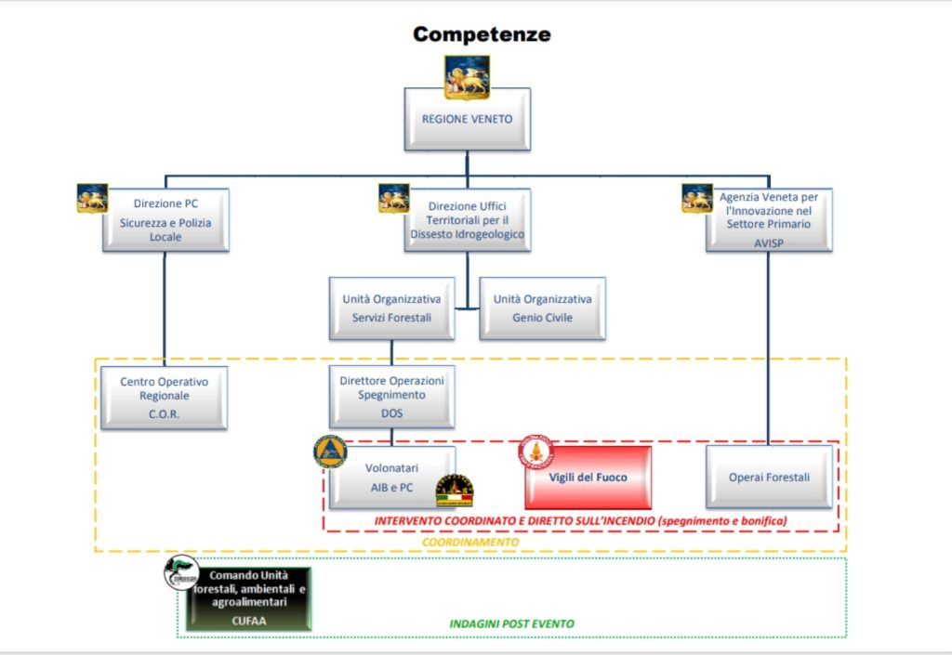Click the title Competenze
482,34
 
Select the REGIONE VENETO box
468,119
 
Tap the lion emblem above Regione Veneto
467,77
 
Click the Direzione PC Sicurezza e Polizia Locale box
165,219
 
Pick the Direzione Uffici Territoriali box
468,219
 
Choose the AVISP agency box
769,219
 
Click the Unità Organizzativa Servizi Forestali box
391,308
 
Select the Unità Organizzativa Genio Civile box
542,308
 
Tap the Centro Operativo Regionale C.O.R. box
164,398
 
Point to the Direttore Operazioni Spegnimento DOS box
391,397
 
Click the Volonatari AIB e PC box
391,478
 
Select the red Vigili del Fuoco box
588,478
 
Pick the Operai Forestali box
769,478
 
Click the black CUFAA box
249,598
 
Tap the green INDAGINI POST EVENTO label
511,623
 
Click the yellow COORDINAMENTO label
470,543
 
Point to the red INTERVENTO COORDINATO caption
580,521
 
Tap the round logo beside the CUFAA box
181,572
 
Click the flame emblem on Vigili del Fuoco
535,452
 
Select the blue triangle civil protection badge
330,452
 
